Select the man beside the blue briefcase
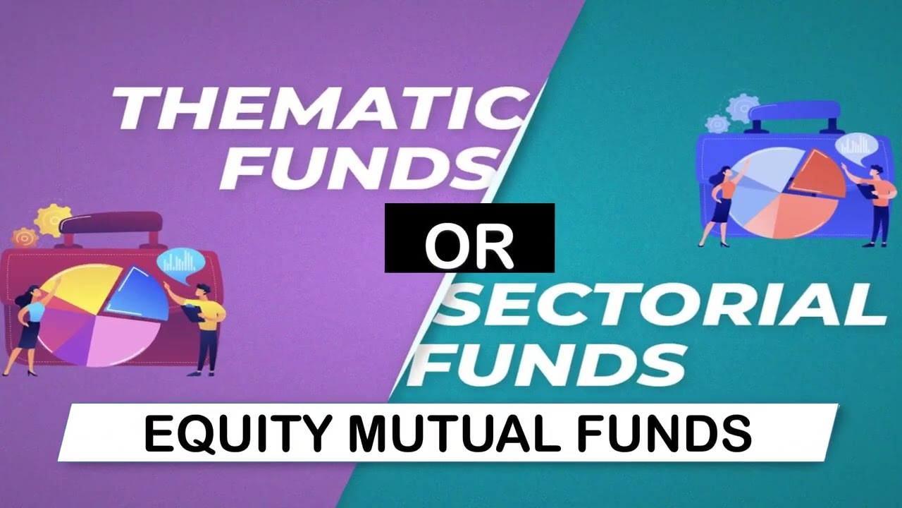click(878, 205)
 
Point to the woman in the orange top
click(722, 205)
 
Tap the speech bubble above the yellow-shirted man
click(180, 262)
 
